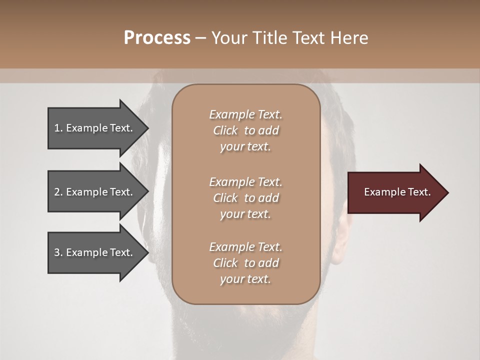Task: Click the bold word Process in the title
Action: (157, 38)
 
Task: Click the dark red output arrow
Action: (395, 192)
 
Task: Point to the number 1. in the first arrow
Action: (58, 128)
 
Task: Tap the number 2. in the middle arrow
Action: (58, 192)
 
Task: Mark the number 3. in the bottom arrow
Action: (58, 252)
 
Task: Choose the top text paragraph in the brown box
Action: (245, 130)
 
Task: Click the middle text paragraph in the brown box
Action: (245, 198)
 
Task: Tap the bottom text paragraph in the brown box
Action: (245, 263)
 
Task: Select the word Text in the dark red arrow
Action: (419, 192)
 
